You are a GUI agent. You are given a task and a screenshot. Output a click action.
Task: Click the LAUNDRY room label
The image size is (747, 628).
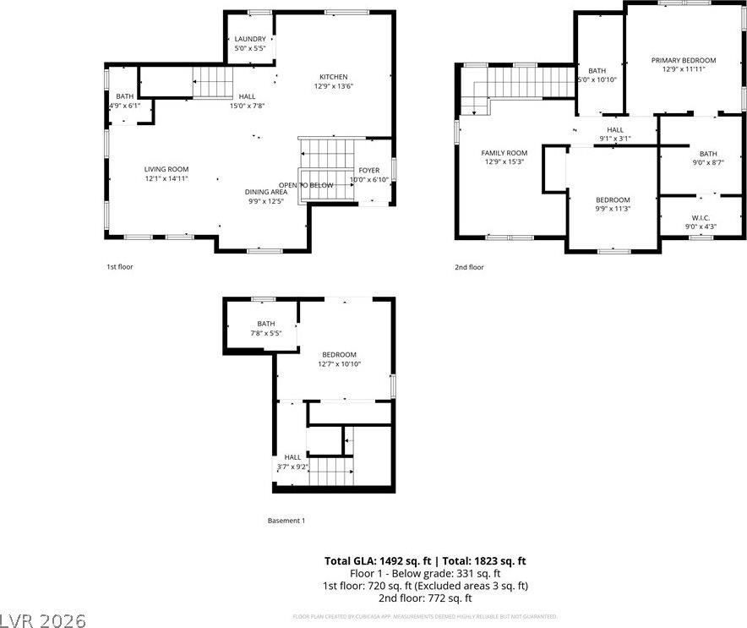tap(250, 39)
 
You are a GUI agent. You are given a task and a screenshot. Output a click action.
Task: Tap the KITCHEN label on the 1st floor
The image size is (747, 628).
tap(333, 77)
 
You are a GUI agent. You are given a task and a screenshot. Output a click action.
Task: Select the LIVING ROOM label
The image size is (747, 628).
tap(166, 169)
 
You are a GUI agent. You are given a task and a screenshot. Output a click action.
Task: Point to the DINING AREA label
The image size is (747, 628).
tap(266, 192)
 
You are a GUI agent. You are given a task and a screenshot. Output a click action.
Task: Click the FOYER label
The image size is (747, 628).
tap(369, 170)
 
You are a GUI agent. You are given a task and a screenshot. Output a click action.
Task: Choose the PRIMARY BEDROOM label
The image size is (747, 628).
tap(684, 60)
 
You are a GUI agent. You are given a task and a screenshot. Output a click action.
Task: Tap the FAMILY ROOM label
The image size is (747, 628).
tap(504, 153)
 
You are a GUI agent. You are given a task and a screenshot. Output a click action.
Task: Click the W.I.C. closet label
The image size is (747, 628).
tap(700, 217)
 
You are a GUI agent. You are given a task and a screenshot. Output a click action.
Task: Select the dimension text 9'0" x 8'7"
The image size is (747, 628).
tap(707, 162)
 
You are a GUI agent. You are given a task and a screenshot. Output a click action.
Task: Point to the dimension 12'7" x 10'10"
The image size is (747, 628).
tap(339, 363)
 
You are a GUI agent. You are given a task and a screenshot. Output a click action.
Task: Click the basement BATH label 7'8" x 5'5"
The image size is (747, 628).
tap(266, 324)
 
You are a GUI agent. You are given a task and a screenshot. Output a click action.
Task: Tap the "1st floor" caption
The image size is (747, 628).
tap(119, 266)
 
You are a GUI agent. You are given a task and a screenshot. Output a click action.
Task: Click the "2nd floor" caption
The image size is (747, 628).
tap(470, 267)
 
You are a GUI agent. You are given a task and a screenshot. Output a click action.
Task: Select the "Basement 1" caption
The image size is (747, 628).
tap(286, 521)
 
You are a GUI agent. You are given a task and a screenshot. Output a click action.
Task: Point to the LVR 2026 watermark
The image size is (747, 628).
tap(43, 620)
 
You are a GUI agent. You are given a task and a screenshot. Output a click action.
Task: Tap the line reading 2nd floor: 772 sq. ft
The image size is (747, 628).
tap(426, 598)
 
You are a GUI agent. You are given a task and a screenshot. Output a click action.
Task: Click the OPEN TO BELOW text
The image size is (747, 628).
tap(306, 185)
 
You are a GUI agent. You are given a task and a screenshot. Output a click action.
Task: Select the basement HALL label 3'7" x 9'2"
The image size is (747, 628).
tap(292, 461)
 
